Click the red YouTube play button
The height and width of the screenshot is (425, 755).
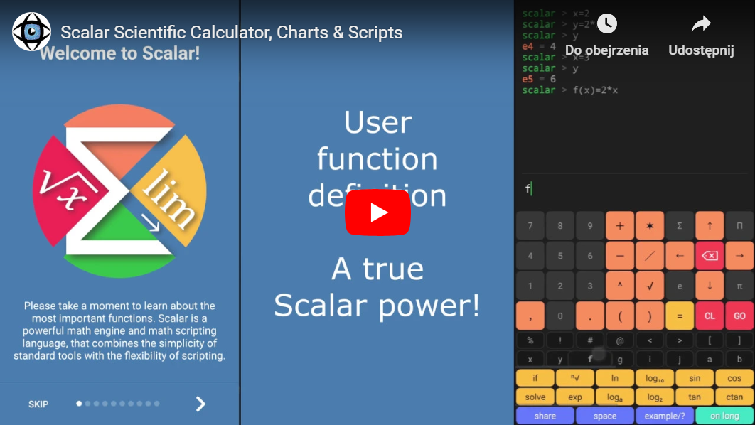pyautogui.click(x=377, y=212)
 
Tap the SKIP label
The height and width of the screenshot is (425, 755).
pyautogui.click(x=38, y=404)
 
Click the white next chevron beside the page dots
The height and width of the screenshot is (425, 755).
pyautogui.click(x=200, y=404)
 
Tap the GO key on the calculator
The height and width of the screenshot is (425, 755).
pyautogui.click(x=739, y=316)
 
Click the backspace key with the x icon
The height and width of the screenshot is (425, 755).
pyautogui.click(x=710, y=256)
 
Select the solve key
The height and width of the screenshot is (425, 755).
pyautogui.click(x=535, y=397)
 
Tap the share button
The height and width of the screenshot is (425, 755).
pyautogui.click(x=545, y=416)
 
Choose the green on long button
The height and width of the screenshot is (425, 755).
pyautogui.click(x=724, y=416)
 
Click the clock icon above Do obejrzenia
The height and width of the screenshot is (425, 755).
pyautogui.click(x=606, y=24)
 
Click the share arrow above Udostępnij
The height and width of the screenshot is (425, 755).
pyautogui.click(x=701, y=25)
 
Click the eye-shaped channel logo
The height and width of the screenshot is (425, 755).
pyautogui.click(x=31, y=32)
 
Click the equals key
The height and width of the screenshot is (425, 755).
pyautogui.click(x=680, y=316)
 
